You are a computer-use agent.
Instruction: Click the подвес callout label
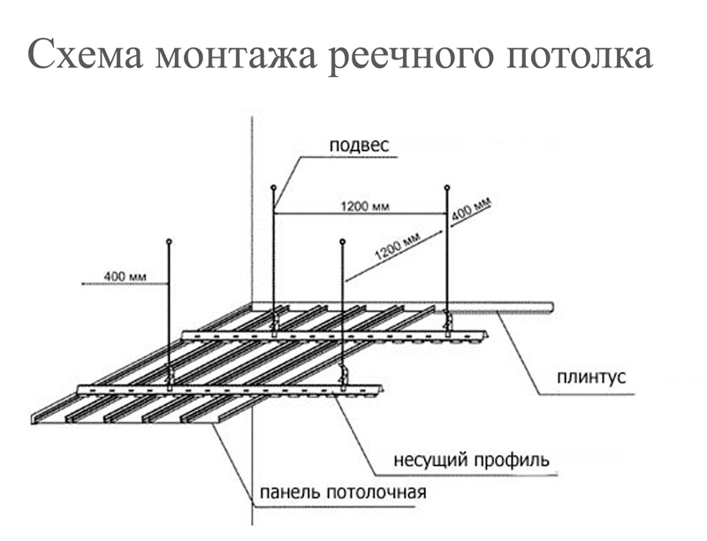[x=359, y=145]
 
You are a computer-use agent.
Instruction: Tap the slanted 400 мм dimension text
[x=470, y=211]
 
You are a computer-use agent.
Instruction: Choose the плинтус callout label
[x=590, y=377]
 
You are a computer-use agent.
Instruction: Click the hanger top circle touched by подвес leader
[x=274, y=187]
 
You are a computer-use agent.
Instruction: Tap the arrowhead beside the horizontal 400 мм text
[x=84, y=284]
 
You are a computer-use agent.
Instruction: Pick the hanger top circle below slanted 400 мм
[x=447, y=187]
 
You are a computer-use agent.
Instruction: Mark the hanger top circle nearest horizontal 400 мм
[x=169, y=240]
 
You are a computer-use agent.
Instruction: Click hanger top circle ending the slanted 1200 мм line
[x=342, y=240]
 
